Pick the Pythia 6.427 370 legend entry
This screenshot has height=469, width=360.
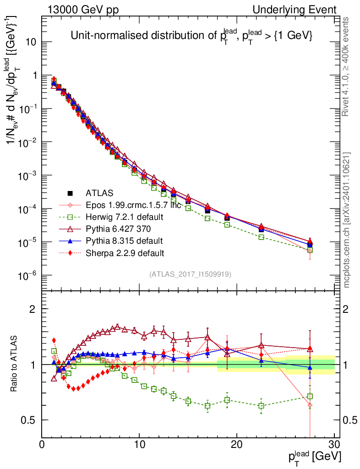click(x=113, y=229)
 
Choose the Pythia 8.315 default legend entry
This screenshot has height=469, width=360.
click(x=114, y=240)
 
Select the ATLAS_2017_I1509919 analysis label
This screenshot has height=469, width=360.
click(x=190, y=274)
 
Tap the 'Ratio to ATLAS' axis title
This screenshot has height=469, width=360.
click(x=14, y=365)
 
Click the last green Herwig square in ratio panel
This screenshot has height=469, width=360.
click(x=310, y=397)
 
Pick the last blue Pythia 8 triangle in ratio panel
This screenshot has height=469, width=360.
click(x=310, y=367)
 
